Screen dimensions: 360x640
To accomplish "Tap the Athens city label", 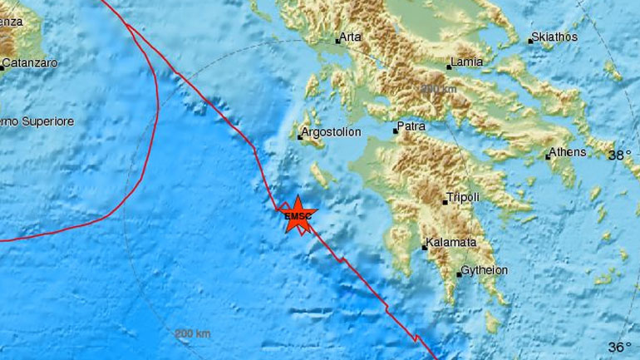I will coord(570,152).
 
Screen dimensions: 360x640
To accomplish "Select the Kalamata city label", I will coord(451,243).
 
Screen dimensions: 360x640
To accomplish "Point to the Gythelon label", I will coord(485,271).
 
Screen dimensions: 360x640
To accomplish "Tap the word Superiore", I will coord(49,121).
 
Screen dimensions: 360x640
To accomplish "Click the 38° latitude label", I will coord(619,155).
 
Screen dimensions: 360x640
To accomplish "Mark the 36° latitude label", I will coord(619,347).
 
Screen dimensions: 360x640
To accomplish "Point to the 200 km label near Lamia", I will coord(439,89).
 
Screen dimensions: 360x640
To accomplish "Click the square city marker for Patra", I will coord(396,131).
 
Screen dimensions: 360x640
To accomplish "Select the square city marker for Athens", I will coord(548,156).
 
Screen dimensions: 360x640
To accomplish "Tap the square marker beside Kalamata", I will coord(423,247).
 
